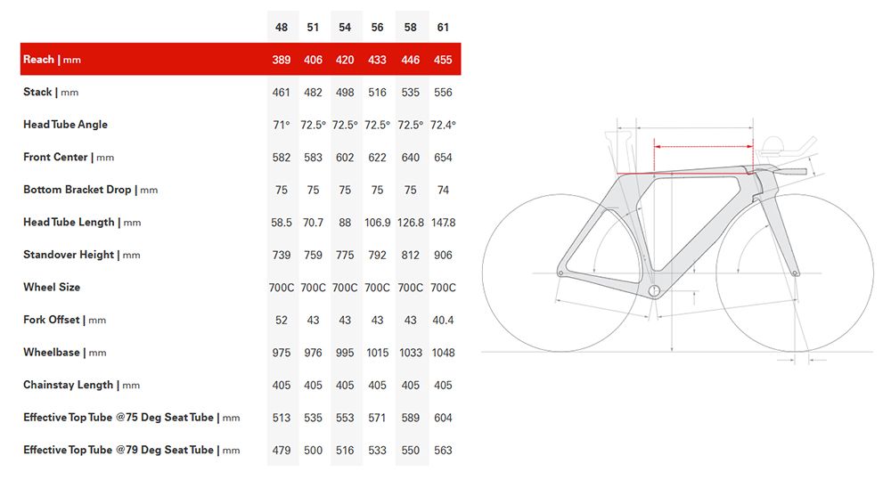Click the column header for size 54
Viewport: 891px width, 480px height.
pyautogui.click(x=344, y=28)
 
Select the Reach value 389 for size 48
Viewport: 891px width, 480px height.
pyautogui.click(x=282, y=60)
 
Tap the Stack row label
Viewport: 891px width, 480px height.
pyautogui.click(x=37, y=92)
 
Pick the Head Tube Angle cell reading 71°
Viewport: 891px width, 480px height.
pyautogui.click(x=282, y=125)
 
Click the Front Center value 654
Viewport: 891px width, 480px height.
pyautogui.click(x=443, y=158)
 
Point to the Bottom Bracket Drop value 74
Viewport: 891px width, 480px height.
pyautogui.click(x=443, y=190)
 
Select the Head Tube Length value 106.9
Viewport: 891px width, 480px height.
pyautogui.click(x=377, y=223)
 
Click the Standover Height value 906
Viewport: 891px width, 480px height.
pyautogui.click(x=443, y=255)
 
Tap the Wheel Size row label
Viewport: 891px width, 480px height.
pyautogui.click(x=52, y=288)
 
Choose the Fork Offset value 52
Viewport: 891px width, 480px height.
pyautogui.click(x=282, y=321)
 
